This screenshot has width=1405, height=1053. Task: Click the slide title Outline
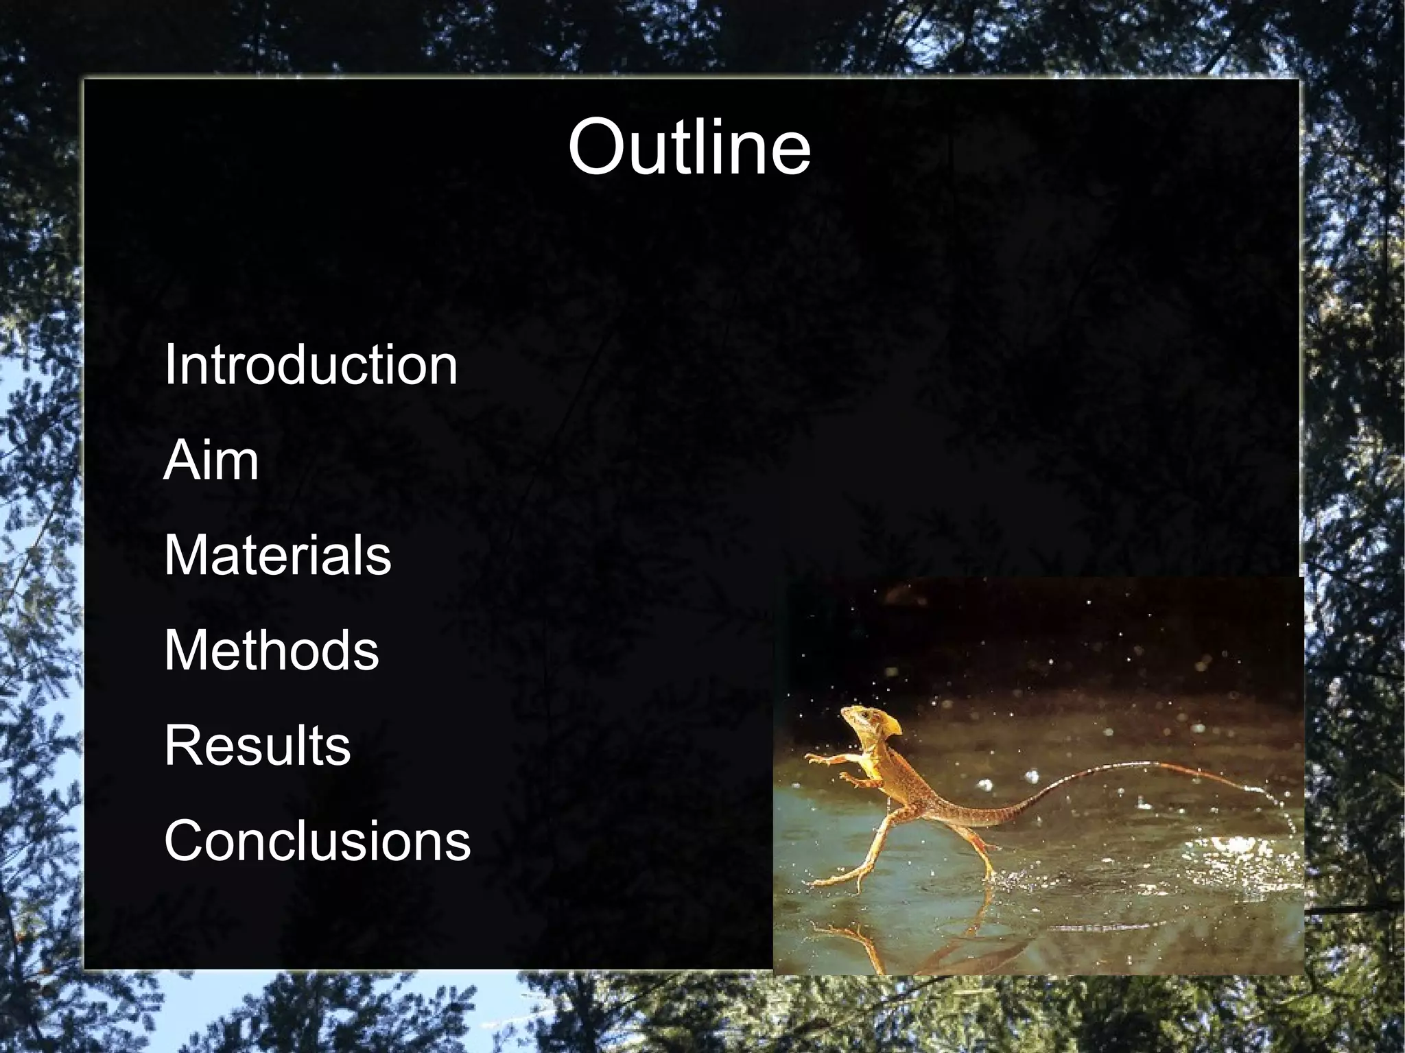[x=689, y=147]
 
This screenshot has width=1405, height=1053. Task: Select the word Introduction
[x=310, y=365]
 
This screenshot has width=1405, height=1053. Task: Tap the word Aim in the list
[x=211, y=460]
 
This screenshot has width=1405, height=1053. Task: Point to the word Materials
[x=277, y=555]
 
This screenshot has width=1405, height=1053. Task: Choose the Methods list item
[x=271, y=650]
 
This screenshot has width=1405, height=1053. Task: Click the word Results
[x=257, y=746]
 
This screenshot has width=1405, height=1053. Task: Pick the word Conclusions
[x=317, y=841]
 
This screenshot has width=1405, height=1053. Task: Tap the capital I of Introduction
[x=170, y=365]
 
